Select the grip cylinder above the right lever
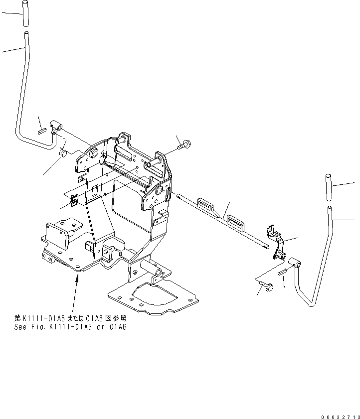coord(329,187)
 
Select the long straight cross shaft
coord(224,220)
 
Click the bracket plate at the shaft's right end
coord(276,241)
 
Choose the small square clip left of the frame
coord(74,200)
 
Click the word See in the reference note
coord(20,327)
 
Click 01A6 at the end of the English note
coord(118,327)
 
